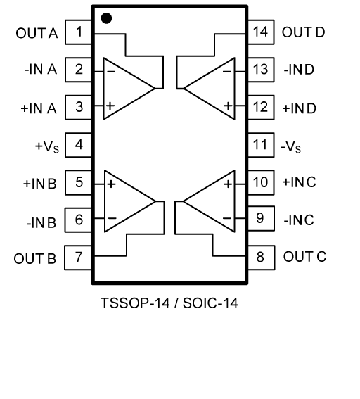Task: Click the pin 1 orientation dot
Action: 106,18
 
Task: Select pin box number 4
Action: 78,145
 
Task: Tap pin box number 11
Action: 261,145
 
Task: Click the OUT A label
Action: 37,33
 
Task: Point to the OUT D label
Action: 303,32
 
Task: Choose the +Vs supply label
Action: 47,147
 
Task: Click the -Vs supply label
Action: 291,147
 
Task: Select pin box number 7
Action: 78,258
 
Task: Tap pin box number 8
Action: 261,258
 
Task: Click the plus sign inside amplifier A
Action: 110,106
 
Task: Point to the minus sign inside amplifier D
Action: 227,72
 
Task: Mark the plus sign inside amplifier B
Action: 111,184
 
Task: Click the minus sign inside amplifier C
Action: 227,218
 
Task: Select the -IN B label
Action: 41,222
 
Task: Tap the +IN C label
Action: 299,182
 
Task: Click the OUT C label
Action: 304,256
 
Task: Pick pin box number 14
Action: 261,32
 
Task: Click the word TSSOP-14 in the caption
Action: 135,303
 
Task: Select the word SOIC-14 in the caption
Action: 210,303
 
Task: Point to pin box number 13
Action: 261,70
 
